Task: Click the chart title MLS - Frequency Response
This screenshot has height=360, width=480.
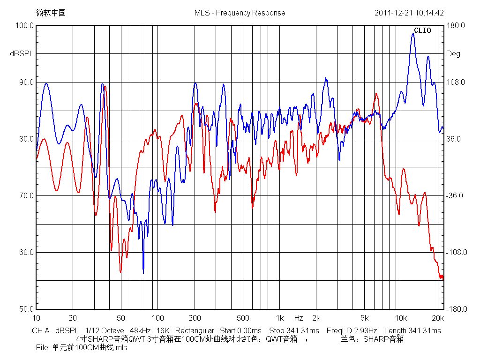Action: [x=240, y=13]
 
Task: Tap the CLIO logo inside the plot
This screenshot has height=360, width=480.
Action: [x=422, y=31]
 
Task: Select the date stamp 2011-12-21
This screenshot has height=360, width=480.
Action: [x=393, y=13]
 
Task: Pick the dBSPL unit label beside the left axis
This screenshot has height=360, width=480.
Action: [x=22, y=54]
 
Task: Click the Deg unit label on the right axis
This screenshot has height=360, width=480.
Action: [x=453, y=54]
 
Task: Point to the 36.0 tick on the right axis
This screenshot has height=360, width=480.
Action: [x=455, y=139]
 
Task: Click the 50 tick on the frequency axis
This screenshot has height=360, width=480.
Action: [x=121, y=317]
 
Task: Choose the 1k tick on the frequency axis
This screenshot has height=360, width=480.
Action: [x=279, y=317]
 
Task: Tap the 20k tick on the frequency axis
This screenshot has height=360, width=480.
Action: [x=437, y=317]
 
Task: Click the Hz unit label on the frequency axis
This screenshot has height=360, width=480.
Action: [x=299, y=317]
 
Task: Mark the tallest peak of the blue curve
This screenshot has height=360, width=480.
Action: [x=413, y=34]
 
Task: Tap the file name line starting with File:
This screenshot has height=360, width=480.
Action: [x=81, y=348]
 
